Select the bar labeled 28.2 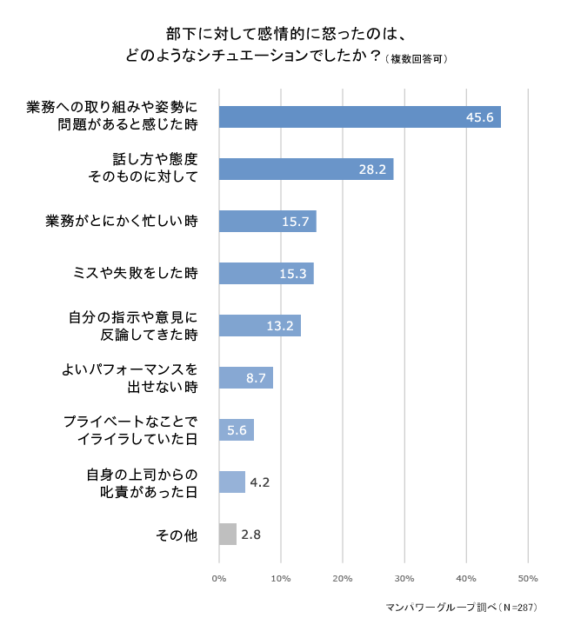click(x=305, y=169)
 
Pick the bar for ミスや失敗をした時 click(x=265, y=274)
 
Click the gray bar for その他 click(x=228, y=535)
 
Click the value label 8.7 click(x=257, y=379)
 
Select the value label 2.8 click(x=251, y=535)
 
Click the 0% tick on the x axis click(x=219, y=578)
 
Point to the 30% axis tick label click(x=404, y=578)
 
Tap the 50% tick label click(x=528, y=578)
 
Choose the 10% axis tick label click(x=281, y=578)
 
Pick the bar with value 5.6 click(x=236, y=430)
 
